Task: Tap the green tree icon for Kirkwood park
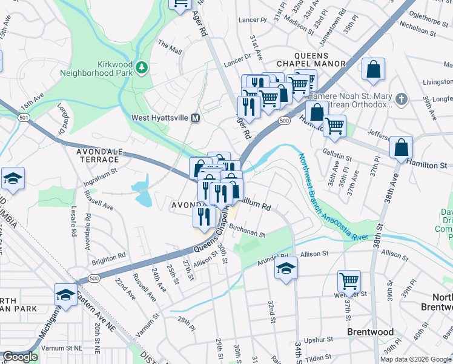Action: click(142, 66)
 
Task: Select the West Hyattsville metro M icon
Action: click(196, 118)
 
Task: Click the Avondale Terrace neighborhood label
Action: click(98, 155)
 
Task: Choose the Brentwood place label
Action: click(370, 332)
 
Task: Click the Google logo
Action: click(21, 357)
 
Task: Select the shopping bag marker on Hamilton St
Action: click(402, 147)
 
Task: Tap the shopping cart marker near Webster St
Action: click(349, 281)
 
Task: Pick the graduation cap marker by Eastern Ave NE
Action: click(65, 294)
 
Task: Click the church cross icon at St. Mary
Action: click(401, 98)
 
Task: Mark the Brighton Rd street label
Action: click(108, 259)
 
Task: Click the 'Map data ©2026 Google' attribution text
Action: click(415, 359)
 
